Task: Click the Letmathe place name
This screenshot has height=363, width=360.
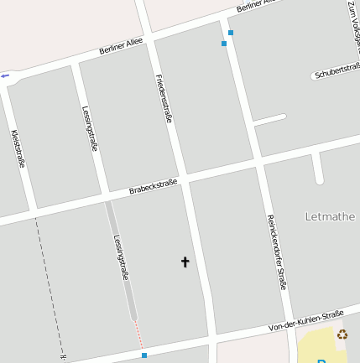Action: (x=330, y=216)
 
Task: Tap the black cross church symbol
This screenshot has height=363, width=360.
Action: (x=185, y=262)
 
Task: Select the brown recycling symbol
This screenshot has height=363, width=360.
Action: (x=342, y=334)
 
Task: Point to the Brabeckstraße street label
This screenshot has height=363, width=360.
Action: (x=154, y=186)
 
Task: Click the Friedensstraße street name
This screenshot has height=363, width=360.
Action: (x=164, y=99)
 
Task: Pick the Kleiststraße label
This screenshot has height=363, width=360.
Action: (x=18, y=148)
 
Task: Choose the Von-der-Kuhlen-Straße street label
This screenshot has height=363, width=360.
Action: (x=306, y=320)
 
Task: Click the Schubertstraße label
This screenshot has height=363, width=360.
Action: (x=337, y=71)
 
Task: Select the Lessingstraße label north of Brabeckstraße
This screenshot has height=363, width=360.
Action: (x=91, y=128)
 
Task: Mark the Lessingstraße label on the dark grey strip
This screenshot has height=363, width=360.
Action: (x=121, y=256)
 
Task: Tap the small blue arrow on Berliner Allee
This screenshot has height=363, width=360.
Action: (x=5, y=75)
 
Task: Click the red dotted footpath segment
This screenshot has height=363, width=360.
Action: (x=139, y=334)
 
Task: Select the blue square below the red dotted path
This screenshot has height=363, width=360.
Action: (x=144, y=355)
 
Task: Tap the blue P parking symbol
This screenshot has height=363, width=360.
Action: (x=322, y=360)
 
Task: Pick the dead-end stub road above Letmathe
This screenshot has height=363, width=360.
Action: (x=318, y=168)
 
